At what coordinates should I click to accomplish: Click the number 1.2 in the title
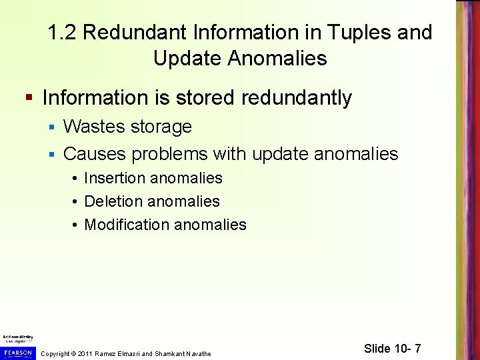[63, 32]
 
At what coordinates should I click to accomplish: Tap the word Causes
[95, 154]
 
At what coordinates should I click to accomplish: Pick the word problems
[170, 155]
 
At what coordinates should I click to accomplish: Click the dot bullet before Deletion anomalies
[77, 201]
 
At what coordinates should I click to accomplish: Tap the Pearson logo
[17, 351]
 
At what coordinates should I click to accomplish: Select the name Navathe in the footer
[197, 353]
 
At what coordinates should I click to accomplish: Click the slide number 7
[417, 349]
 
